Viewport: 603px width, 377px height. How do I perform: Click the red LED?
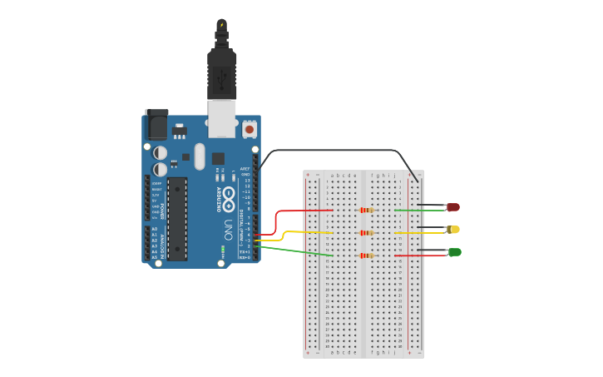[453, 207]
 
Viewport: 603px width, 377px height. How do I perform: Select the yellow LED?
[453, 229]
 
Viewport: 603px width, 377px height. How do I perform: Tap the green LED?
[455, 251]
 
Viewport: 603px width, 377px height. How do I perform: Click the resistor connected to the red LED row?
[366, 210]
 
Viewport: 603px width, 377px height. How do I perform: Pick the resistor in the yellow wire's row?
[366, 233]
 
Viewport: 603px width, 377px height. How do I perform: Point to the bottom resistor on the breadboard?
[366, 255]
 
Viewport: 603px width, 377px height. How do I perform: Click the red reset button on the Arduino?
[250, 130]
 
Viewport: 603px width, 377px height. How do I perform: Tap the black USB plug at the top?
[222, 71]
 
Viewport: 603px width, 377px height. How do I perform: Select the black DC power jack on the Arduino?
[156, 125]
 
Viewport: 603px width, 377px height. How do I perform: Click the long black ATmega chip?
[177, 218]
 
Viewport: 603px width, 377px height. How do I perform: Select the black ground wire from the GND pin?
[333, 151]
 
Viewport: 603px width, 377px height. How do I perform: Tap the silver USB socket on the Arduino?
[222, 118]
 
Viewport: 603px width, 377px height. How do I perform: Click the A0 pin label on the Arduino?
[153, 229]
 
